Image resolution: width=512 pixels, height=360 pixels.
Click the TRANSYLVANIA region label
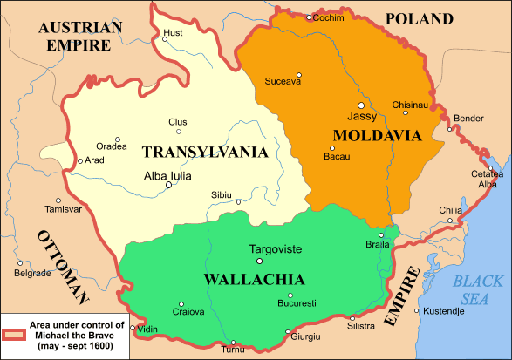click(204, 153)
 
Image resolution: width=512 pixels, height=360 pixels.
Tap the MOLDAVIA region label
click(377, 136)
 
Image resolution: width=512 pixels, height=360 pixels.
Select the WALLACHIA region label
click(254, 279)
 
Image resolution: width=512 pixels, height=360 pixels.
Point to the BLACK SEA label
click(478, 289)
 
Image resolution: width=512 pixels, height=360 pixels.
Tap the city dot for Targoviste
click(258, 261)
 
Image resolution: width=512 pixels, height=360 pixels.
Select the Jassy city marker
click(361, 105)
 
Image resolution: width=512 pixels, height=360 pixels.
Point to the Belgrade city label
click(33, 274)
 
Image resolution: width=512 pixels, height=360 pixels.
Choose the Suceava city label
click(282, 84)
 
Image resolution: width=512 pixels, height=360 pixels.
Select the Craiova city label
click(188, 311)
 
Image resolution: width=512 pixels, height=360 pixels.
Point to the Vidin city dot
click(133, 329)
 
